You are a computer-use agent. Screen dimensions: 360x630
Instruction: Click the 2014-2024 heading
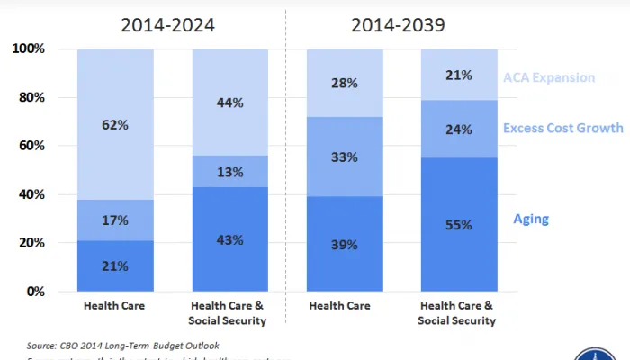(168, 25)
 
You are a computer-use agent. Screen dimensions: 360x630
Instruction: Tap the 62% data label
(115, 125)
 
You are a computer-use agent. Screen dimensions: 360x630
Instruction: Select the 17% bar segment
(115, 220)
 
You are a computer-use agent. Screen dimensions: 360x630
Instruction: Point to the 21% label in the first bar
(115, 266)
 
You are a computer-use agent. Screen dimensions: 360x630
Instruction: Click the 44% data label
(230, 103)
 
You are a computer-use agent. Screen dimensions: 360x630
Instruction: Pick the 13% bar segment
(230, 173)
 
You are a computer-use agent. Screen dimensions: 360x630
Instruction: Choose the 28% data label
(346, 84)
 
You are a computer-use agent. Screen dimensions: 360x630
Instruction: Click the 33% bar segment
(346, 157)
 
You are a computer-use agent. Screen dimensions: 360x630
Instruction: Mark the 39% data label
(346, 245)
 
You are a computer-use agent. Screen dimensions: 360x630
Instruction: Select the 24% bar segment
(459, 130)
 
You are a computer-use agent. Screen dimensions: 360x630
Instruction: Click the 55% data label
(459, 225)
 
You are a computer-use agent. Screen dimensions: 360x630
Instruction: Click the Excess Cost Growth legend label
(563, 128)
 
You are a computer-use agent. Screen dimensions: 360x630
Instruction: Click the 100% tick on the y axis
(29, 49)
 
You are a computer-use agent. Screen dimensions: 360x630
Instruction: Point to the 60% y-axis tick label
(31, 146)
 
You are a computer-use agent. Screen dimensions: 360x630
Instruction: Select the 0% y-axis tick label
(36, 292)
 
